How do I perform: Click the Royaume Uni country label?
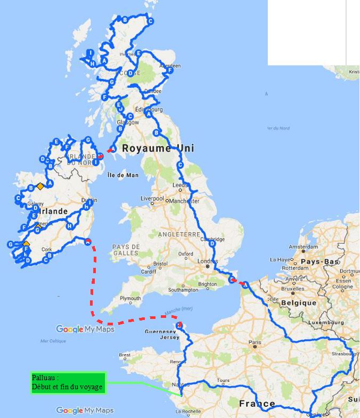(151, 149)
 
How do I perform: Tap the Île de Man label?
(122, 175)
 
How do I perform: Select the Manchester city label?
(185, 201)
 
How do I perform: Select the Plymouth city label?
(130, 299)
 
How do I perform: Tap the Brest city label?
(125, 355)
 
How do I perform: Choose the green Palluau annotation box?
(68, 382)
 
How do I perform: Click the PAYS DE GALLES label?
(126, 250)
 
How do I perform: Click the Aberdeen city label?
(170, 66)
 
